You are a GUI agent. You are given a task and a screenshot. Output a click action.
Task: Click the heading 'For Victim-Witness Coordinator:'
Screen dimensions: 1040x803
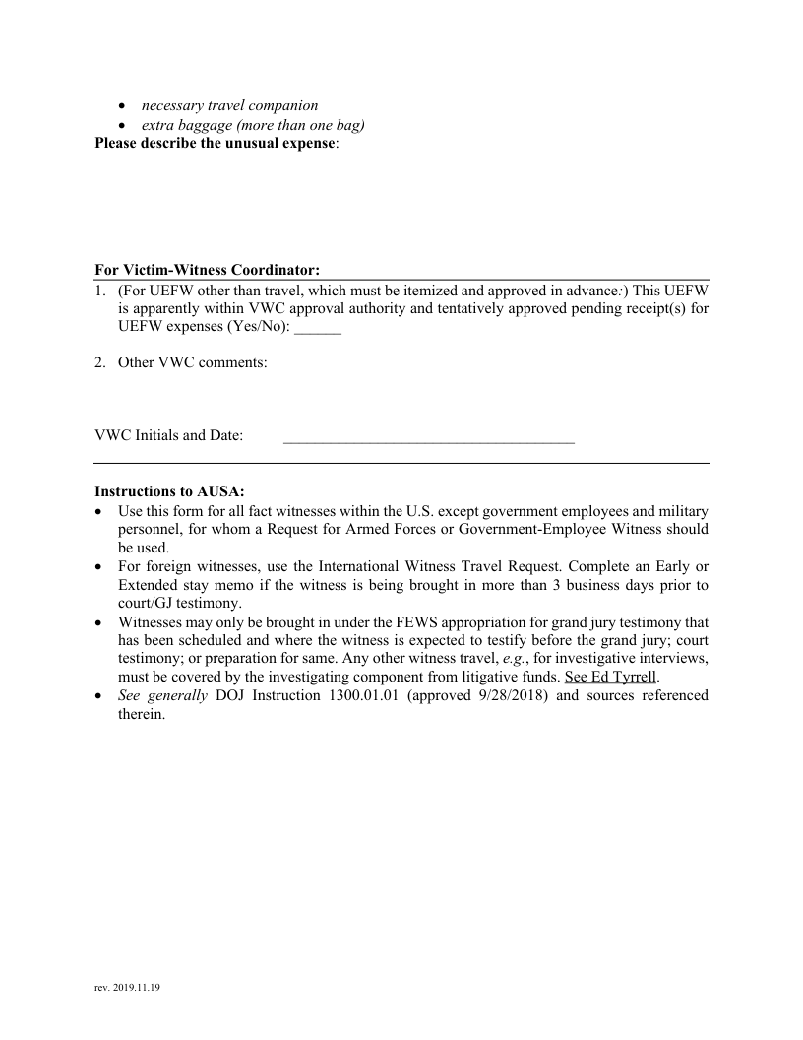(x=208, y=270)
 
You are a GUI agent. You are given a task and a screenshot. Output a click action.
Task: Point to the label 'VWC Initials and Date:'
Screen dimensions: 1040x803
(x=169, y=435)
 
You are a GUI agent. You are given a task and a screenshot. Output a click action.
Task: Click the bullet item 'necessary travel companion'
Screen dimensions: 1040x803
(x=229, y=105)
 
